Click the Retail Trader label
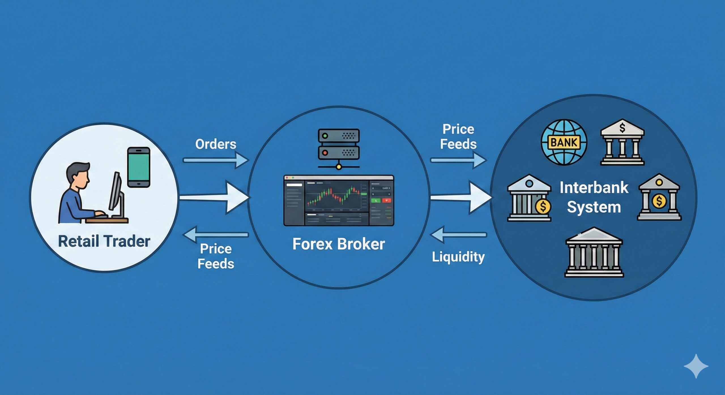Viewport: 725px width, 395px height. [x=104, y=241]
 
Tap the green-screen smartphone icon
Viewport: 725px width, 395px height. [x=138, y=167]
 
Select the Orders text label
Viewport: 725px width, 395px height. [x=216, y=144]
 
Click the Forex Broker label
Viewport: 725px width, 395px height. [x=338, y=244]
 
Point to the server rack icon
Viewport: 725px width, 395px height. [x=339, y=144]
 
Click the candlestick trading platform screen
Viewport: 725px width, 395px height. [x=339, y=200]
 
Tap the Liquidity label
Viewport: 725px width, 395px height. [x=458, y=257]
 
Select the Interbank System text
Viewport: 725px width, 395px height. [x=594, y=197]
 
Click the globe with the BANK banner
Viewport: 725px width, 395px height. [x=564, y=142]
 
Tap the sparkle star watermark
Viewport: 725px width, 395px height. [x=696, y=366]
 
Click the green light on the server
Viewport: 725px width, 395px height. [x=325, y=136]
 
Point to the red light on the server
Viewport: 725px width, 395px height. [x=325, y=153]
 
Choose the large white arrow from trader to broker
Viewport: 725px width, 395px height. [x=214, y=198]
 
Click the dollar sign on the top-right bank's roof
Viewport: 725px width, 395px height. [x=622, y=128]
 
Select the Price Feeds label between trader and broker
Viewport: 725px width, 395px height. [x=216, y=256]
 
